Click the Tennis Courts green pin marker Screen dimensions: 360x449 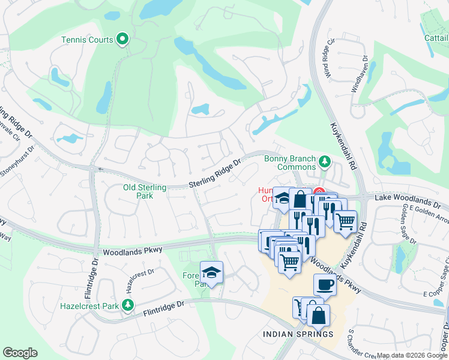click(123, 40)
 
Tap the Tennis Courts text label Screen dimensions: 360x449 click(87, 40)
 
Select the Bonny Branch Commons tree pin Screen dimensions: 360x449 click(325, 161)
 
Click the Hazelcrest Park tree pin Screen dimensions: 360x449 click(127, 305)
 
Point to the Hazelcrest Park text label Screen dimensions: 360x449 click(89, 305)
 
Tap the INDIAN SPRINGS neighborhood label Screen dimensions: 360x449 click(298, 334)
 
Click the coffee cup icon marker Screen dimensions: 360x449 click(325, 284)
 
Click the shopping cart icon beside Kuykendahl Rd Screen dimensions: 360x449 click(345, 221)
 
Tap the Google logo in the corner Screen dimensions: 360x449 click(20, 352)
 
